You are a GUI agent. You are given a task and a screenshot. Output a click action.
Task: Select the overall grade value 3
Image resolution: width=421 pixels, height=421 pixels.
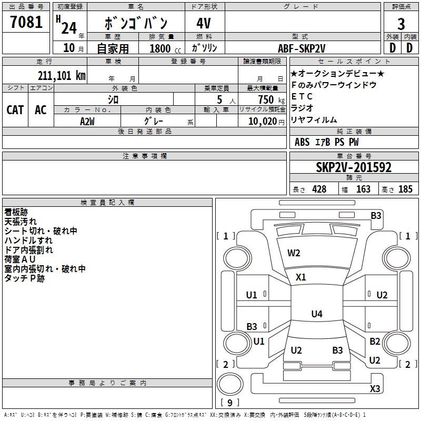[x=401, y=24]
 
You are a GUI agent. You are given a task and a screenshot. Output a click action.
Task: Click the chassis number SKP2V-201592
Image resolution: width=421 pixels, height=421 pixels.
[x=354, y=168]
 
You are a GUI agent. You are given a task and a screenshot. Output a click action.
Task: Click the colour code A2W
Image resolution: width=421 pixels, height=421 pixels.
[x=87, y=121]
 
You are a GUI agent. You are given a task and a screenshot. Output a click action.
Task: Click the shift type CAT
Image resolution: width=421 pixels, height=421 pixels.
[x=15, y=110]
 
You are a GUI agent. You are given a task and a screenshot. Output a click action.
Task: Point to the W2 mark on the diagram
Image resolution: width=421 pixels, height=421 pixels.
[x=294, y=253]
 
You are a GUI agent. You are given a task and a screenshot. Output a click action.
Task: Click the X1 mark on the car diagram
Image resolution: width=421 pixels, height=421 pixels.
[x=300, y=277]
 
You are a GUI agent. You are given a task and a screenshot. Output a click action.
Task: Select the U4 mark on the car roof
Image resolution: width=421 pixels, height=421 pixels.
[x=316, y=314]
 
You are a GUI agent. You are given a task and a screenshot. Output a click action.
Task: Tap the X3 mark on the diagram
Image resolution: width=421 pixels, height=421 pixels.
[x=375, y=389]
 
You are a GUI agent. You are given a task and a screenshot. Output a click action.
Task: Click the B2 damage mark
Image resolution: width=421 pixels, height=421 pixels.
[x=375, y=342]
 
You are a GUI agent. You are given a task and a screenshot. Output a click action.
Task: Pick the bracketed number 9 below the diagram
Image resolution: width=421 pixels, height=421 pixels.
[x=229, y=403]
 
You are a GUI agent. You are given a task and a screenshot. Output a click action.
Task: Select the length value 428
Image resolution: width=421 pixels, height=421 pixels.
[x=319, y=189]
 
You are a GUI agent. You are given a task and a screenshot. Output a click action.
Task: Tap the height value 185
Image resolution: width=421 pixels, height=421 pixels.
[x=405, y=189]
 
